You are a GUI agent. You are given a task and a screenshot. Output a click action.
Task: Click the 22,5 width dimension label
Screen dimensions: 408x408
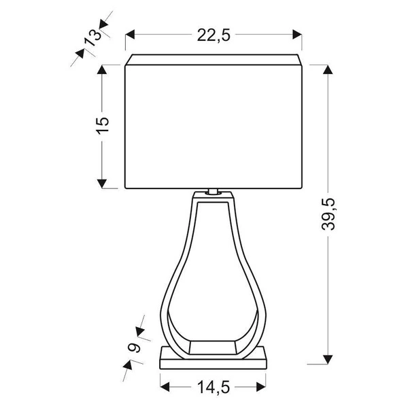click(x=214, y=36)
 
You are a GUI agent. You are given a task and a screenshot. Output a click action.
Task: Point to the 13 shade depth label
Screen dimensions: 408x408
click(x=91, y=38)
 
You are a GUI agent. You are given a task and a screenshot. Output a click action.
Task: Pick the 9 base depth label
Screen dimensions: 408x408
click(x=134, y=348)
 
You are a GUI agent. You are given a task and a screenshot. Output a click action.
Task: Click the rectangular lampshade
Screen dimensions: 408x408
click(x=214, y=126)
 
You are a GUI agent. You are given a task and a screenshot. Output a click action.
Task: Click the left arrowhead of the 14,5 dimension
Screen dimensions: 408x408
click(x=164, y=387)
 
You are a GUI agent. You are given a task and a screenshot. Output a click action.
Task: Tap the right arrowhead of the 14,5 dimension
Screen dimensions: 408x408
click(x=264, y=387)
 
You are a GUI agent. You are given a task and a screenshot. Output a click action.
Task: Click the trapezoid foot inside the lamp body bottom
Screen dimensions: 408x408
click(x=214, y=347)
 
